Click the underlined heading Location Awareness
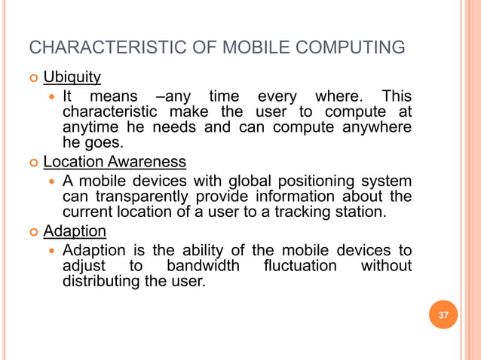(114, 162)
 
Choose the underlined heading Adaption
(74, 230)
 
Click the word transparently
(142, 197)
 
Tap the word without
(386, 266)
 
